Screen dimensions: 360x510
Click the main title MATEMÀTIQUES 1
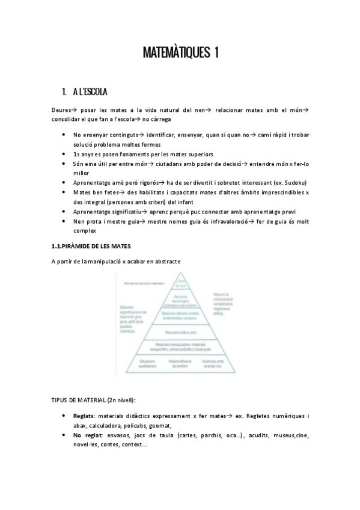pos(180,53)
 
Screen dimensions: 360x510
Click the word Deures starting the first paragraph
pos(62,110)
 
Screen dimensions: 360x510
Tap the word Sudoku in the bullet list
pos(292,182)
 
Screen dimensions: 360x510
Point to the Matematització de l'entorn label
pos(181,363)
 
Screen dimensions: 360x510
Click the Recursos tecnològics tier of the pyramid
pos(181,300)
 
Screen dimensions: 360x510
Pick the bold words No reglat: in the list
pos(87,435)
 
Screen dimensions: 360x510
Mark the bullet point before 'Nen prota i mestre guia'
pos(64,221)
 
